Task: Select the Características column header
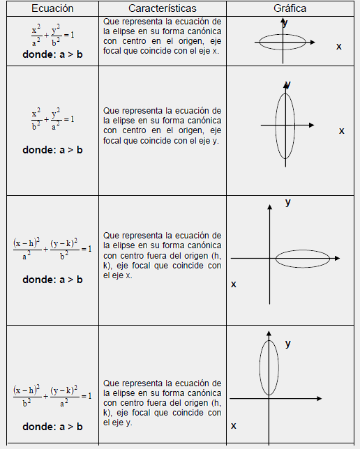pyautogui.click(x=162, y=8)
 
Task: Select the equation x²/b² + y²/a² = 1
pyautogui.click(x=52, y=118)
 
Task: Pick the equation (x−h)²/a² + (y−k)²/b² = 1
pyautogui.click(x=52, y=249)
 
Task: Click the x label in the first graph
pyautogui.click(x=339, y=46)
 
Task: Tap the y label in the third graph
pyautogui.click(x=288, y=202)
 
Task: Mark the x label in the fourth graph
pyautogui.click(x=234, y=425)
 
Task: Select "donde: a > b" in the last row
pyautogui.click(x=52, y=427)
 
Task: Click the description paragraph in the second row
pyautogui.click(x=162, y=125)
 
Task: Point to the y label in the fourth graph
pyautogui.click(x=288, y=344)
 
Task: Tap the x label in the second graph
pyautogui.click(x=342, y=130)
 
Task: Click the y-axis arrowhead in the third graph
pyautogui.click(x=270, y=207)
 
